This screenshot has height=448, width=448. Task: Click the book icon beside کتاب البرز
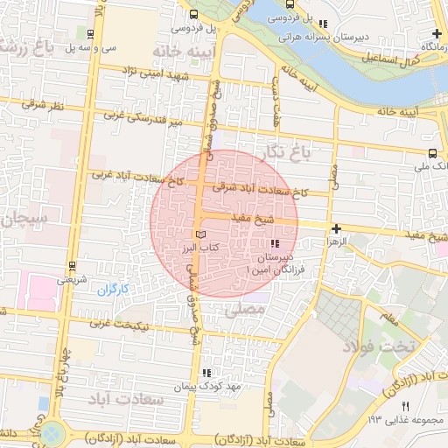coord(201,235)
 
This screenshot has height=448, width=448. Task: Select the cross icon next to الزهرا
coord(336,228)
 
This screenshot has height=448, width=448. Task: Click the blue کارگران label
coord(112,289)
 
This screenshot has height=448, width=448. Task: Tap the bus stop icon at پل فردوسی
coord(192,14)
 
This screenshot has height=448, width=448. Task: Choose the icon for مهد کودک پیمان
coord(206,372)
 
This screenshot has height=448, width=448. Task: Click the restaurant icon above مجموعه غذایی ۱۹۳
coord(404,407)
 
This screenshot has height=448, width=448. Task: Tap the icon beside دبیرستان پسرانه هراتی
coord(323,24)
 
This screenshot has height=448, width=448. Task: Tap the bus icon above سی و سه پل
coord(92,33)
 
